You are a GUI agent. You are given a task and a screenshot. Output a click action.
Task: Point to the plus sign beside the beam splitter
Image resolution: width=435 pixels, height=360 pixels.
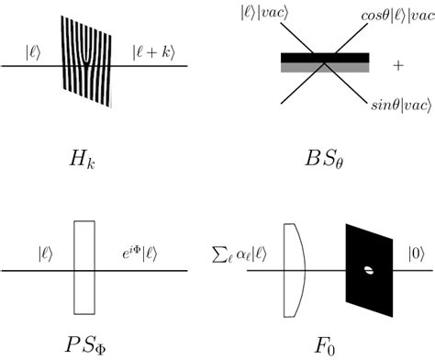tap(397, 66)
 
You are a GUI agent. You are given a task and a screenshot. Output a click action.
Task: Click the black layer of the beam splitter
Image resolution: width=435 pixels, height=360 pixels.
tap(325, 58)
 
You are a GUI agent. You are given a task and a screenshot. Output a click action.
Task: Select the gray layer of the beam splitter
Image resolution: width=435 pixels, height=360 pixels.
tap(325, 67)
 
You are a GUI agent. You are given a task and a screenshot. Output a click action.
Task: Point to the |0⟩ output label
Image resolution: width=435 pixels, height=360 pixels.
tap(415, 248)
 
